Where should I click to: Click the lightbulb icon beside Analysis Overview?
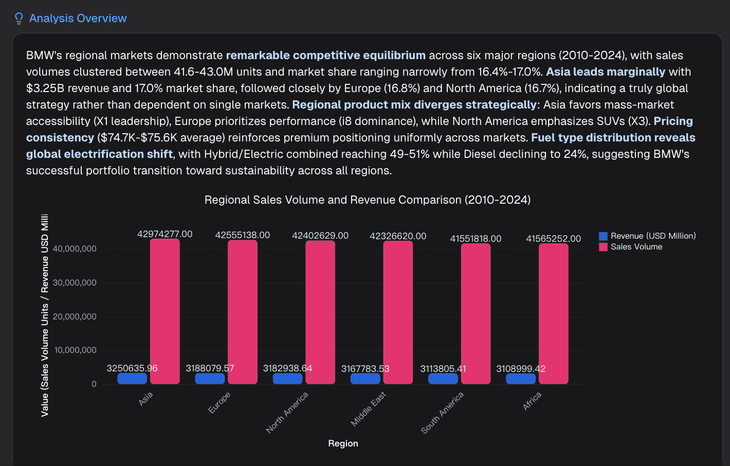19,19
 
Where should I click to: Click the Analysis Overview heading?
78,19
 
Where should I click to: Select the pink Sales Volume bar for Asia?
165,311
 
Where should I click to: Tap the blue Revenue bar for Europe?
210,379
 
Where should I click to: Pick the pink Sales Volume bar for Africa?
553,314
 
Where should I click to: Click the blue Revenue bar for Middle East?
365,379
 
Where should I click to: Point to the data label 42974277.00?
165,234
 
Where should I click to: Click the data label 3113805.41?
443,369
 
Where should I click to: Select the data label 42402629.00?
320,236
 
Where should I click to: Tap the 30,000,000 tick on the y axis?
75,283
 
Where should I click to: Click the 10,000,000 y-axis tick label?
75,350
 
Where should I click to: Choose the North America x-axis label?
287,412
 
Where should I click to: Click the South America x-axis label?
443,413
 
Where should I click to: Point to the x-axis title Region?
343,443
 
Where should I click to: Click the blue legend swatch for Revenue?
603,236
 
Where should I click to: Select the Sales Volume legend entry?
636,247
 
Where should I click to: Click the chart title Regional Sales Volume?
367,200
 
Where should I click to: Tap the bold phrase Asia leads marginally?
605,72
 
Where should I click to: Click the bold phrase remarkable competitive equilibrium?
325,56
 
